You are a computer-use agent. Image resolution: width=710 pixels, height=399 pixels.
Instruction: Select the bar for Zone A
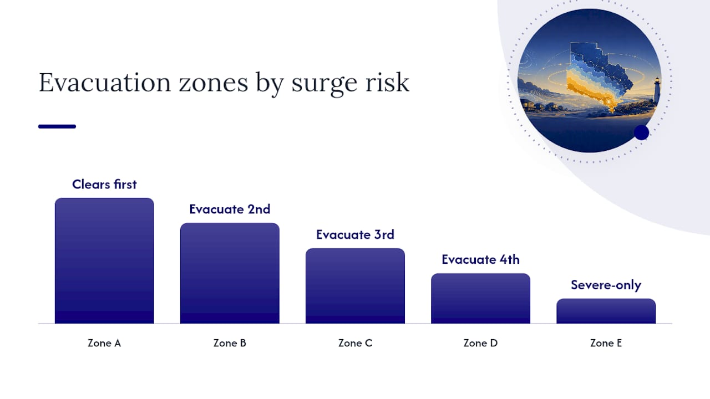(x=104, y=260)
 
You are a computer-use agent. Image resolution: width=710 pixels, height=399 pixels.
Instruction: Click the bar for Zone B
(x=230, y=273)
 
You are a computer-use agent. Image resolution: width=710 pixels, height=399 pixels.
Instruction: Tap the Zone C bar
(x=355, y=286)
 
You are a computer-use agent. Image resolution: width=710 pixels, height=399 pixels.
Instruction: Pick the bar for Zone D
(x=480, y=298)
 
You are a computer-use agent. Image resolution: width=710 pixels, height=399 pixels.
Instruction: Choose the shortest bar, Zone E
(x=606, y=311)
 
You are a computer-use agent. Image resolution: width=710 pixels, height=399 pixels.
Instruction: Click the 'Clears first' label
(x=104, y=185)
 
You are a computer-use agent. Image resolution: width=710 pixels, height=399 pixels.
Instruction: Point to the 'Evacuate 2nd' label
(x=230, y=209)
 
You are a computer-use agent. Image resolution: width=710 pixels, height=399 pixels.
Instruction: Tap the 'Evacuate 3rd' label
(x=355, y=234)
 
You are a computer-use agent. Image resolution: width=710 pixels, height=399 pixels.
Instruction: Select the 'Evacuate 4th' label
(x=480, y=260)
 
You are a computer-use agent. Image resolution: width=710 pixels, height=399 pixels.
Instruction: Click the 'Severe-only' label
(x=606, y=285)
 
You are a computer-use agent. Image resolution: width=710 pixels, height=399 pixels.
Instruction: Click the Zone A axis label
(x=104, y=343)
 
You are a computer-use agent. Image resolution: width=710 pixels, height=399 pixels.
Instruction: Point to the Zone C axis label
(x=355, y=343)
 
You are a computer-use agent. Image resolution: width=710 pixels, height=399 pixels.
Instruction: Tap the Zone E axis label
(x=606, y=343)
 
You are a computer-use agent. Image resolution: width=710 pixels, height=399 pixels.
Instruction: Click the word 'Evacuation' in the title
(x=105, y=83)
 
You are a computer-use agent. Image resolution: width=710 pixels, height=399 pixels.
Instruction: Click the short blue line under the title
(x=57, y=126)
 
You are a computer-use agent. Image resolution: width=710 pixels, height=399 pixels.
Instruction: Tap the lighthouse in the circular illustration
(x=657, y=90)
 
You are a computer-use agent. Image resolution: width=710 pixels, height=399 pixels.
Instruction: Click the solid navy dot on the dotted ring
(x=642, y=132)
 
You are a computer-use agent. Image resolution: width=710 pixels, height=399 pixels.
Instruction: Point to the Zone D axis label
(x=480, y=343)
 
